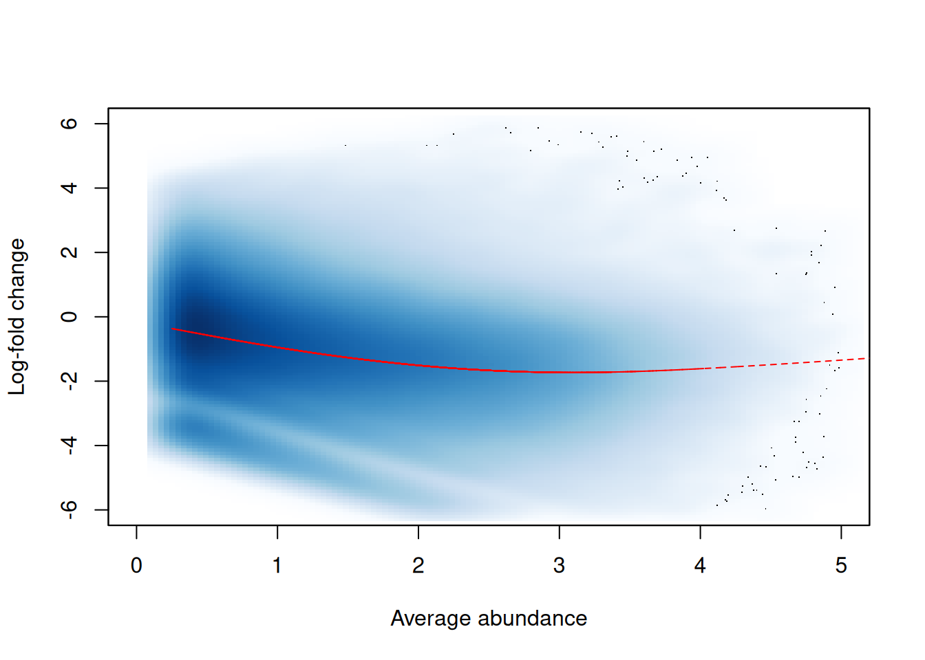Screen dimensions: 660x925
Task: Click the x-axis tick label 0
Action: point(136,566)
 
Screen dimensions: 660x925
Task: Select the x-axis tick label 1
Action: point(277,566)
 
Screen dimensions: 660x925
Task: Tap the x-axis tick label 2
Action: point(418,566)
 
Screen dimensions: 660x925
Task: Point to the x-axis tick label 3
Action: point(559,566)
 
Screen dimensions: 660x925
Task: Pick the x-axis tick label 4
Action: point(700,566)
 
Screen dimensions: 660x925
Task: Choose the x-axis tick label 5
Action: point(841,566)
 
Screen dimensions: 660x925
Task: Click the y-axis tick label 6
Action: point(69,124)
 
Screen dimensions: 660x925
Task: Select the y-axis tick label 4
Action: point(69,188)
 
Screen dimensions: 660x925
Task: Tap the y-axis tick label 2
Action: point(69,252)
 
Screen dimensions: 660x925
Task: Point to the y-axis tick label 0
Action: point(69,317)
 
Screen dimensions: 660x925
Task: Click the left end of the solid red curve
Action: point(173,329)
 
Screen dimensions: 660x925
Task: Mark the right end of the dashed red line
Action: point(865,358)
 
